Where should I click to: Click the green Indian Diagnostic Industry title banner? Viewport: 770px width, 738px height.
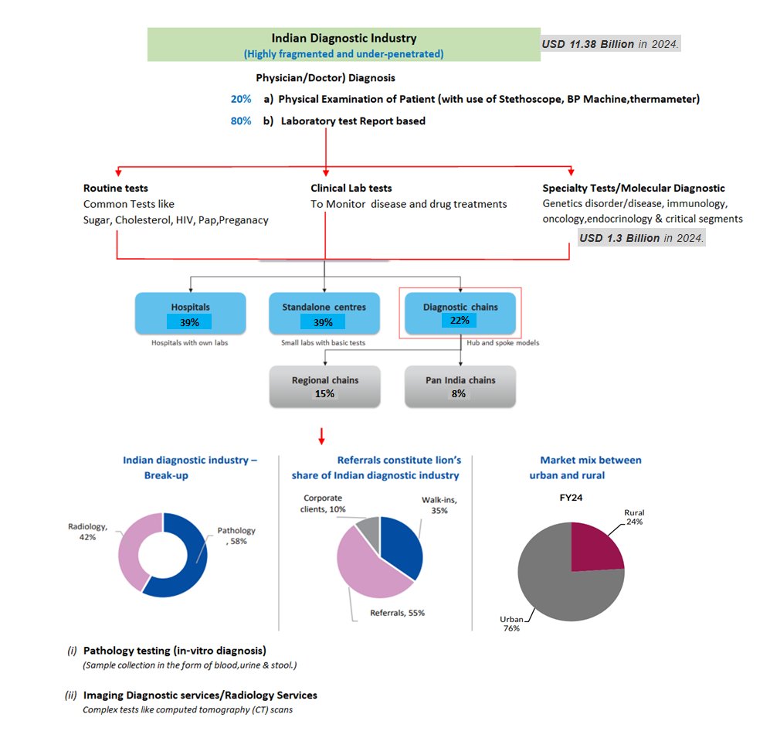tap(343, 45)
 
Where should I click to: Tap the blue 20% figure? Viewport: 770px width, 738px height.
tap(240, 99)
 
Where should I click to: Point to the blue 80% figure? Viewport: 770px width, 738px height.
tap(240, 121)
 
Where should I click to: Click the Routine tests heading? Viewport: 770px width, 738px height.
tap(115, 188)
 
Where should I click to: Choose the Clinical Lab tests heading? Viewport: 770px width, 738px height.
tap(351, 188)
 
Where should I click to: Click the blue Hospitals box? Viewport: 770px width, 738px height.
tap(190, 313)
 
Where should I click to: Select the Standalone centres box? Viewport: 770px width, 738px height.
tap(324, 313)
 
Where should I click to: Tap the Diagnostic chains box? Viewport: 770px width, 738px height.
tap(460, 313)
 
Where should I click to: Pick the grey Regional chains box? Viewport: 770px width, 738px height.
tap(324, 386)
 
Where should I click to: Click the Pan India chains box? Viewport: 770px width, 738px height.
tap(460, 386)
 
